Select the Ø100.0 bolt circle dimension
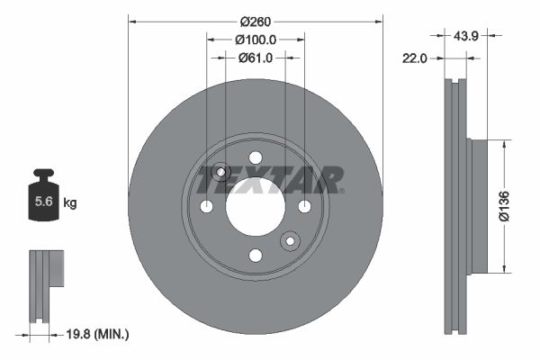[255, 39]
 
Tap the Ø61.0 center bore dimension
[255, 58]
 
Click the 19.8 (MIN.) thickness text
[98, 334]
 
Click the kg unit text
[69, 203]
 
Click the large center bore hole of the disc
[256, 207]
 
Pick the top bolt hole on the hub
[256, 158]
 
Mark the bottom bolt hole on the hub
[256, 256]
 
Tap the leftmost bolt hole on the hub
[207, 207]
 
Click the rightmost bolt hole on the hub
[304, 207]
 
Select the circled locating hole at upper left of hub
[221, 173]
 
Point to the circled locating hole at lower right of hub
[290, 240]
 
